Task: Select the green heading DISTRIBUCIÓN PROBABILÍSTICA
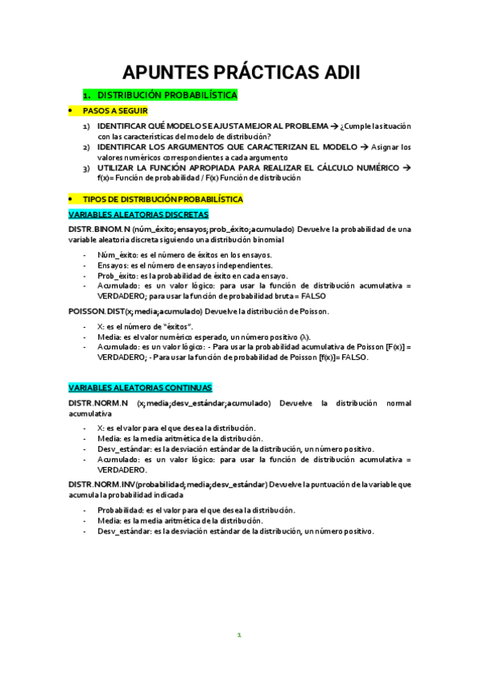[166, 95]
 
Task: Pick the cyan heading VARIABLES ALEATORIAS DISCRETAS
[138, 214]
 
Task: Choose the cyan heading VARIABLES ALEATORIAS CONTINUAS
[140, 387]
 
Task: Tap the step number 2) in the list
[86, 147]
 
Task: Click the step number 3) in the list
[86, 168]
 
